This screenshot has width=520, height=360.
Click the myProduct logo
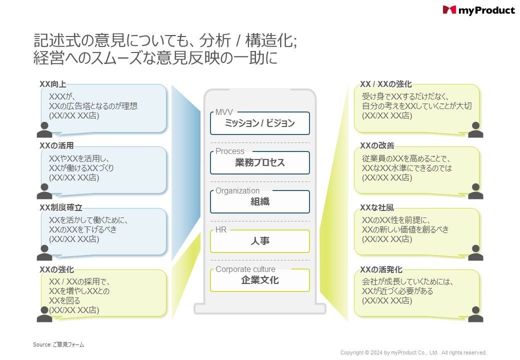(478, 10)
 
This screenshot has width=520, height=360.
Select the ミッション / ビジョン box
(259, 123)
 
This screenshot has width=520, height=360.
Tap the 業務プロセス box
(259, 163)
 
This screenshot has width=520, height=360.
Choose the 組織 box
(259, 202)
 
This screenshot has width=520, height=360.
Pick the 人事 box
(259, 241)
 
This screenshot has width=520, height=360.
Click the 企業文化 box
(259, 280)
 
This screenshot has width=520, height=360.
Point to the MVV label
(224, 112)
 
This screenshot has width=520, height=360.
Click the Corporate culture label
(245, 269)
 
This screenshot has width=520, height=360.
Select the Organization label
(237, 190)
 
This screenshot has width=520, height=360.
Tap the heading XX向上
(53, 84)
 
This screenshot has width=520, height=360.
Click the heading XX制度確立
(61, 207)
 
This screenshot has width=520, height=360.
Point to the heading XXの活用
(56, 146)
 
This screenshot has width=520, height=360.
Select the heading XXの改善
(377, 145)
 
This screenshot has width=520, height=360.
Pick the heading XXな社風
(377, 207)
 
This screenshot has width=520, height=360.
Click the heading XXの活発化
(381, 269)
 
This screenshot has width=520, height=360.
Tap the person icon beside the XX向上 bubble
(44, 130)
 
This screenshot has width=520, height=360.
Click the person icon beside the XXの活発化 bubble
(475, 314)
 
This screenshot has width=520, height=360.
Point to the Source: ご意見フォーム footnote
(58, 344)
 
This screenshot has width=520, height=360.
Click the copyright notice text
(413, 352)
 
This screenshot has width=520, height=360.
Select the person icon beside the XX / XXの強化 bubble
(475, 129)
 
